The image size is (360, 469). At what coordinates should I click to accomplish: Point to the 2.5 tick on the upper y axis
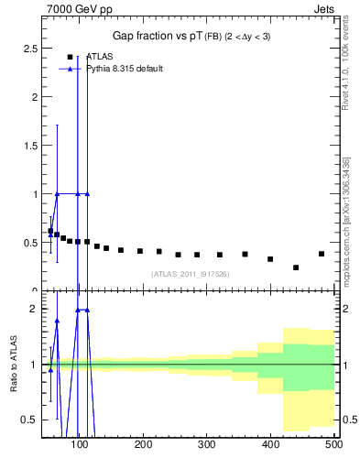36,48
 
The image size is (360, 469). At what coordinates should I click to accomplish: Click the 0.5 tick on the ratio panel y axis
30,420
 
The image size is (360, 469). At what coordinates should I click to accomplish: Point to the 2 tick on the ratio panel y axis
36,309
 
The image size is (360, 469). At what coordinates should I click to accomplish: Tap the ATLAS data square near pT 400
270,259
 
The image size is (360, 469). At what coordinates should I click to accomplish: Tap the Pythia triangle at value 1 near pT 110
87,193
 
